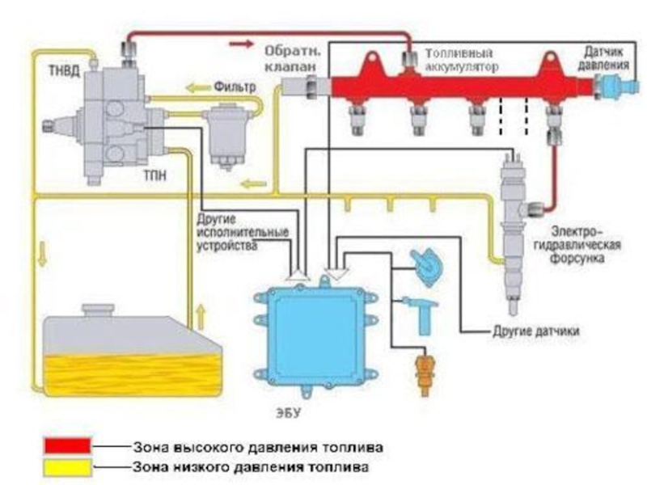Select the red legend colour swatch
68,445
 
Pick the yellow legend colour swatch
68,466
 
